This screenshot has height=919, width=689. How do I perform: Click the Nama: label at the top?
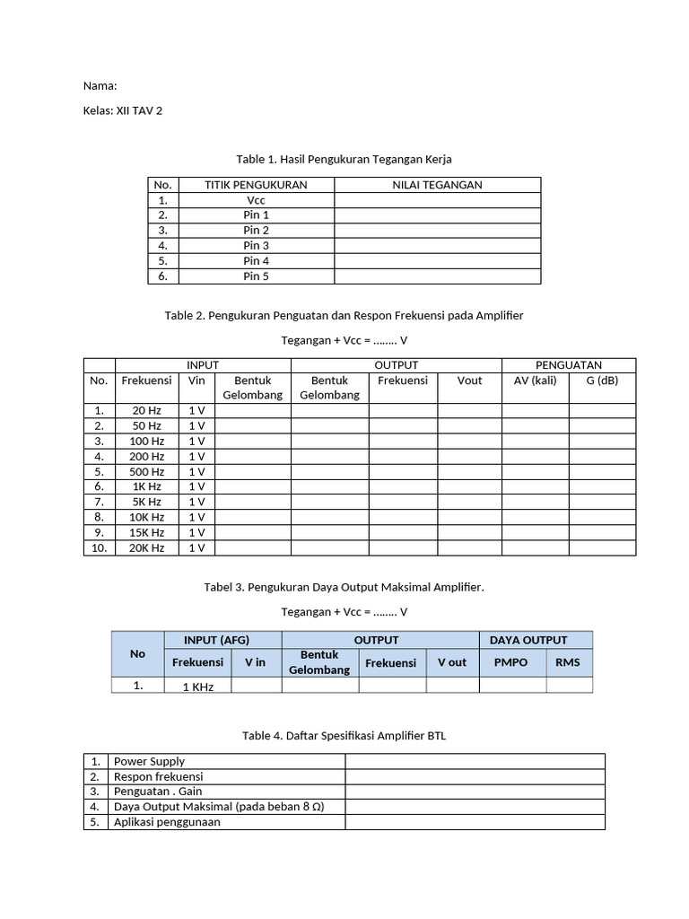pyautogui.click(x=100, y=86)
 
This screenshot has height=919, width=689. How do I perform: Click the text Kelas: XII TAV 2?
pyautogui.click(x=123, y=111)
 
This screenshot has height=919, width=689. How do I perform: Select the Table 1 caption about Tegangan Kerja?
pyautogui.click(x=344, y=159)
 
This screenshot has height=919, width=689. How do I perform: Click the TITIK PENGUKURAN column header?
pyautogui.click(x=256, y=185)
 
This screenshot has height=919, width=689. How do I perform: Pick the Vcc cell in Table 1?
pyautogui.click(x=256, y=200)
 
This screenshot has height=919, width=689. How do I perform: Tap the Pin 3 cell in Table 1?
pyautogui.click(x=256, y=245)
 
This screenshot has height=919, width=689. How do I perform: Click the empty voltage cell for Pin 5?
pyautogui.click(x=437, y=276)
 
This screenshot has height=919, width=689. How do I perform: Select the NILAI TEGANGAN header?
pyautogui.click(x=437, y=185)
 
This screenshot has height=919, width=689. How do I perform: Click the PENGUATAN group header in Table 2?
pyautogui.click(x=568, y=365)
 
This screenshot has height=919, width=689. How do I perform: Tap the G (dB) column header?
pyautogui.click(x=602, y=381)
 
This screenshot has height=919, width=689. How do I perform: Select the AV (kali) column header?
pyautogui.click(x=535, y=381)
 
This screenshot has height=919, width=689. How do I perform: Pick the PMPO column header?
pyautogui.click(x=511, y=662)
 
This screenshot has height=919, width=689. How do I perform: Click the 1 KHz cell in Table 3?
pyautogui.click(x=197, y=687)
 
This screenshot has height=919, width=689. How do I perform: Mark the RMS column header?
pyautogui.click(x=568, y=662)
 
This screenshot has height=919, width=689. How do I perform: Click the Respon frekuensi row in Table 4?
pyautogui.click(x=158, y=776)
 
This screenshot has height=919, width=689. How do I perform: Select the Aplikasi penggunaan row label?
pyautogui.click(x=167, y=821)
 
